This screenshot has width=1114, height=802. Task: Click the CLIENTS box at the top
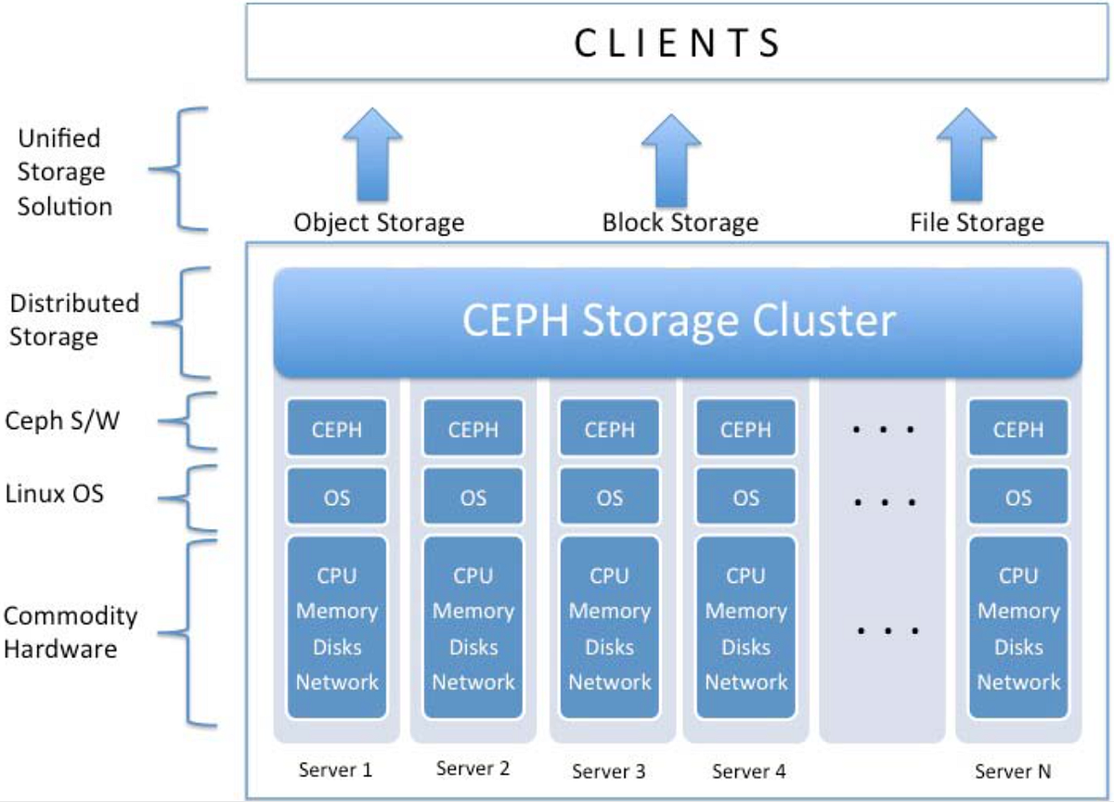tap(678, 43)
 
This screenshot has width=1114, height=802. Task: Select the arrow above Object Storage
tap(372, 155)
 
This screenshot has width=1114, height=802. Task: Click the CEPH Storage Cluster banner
tap(678, 321)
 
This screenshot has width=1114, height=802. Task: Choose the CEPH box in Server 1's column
tap(337, 429)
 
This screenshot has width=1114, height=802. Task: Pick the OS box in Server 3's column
tap(610, 498)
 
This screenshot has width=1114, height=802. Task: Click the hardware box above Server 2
tap(473, 628)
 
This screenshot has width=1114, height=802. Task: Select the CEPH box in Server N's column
tap(1018, 429)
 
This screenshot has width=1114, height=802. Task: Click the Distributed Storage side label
tap(72, 319)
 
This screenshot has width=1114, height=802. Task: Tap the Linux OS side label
tap(54, 493)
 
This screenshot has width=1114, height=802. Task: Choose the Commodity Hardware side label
tap(70, 631)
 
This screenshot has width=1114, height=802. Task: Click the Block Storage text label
tap(680, 223)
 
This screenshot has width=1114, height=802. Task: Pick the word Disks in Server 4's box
tap(745, 647)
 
